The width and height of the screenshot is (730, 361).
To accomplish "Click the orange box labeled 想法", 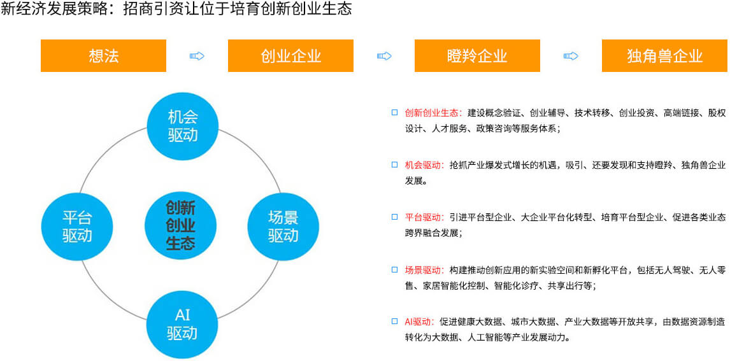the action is [x=103, y=56].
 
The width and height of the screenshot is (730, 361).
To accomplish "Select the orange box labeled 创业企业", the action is [x=290, y=56].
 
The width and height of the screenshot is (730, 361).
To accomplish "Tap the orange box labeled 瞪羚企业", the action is [x=477, y=56].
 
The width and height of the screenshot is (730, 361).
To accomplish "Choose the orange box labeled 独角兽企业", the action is [x=664, y=56].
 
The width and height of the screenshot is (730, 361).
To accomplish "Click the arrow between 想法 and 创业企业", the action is [x=197, y=56].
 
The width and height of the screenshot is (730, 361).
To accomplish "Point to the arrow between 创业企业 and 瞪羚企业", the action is [x=384, y=56].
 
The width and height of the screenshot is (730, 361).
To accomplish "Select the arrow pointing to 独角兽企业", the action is [x=571, y=56].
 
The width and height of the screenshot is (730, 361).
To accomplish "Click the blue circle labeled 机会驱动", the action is [x=182, y=124].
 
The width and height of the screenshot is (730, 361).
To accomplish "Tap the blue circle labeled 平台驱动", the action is [x=77, y=227].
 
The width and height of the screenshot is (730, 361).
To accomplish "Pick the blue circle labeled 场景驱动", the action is [x=283, y=227].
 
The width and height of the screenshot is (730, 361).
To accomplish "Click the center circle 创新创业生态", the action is [x=181, y=225].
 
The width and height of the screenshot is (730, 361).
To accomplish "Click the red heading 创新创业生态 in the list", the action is [x=431, y=113].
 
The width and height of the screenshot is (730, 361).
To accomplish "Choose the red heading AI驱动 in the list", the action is [x=419, y=322].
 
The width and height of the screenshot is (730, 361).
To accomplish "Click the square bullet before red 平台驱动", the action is [x=394, y=216].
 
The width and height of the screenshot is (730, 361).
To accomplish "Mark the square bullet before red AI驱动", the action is [x=394, y=322].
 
